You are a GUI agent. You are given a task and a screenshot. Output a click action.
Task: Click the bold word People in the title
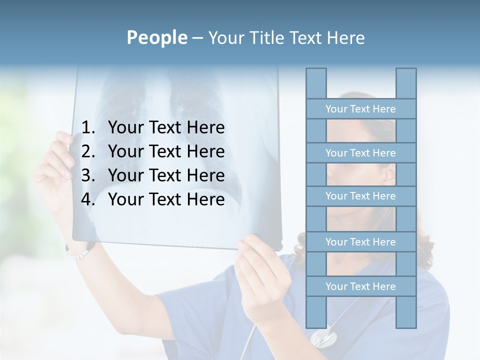tap(156, 38)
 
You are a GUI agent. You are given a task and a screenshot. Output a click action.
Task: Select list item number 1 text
tap(166, 128)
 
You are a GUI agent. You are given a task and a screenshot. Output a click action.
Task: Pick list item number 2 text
tap(166, 151)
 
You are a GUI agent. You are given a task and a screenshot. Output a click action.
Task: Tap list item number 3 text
tap(166, 175)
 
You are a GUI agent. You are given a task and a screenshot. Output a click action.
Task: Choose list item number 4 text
tap(166, 199)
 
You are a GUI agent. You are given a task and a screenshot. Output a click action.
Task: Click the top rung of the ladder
tap(360, 109)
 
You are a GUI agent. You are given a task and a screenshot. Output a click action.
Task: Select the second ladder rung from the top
tap(360, 153)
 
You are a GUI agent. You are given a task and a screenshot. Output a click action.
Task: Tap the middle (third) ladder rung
tap(360, 196)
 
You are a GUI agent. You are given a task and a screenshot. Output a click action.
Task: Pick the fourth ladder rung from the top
tap(360, 242)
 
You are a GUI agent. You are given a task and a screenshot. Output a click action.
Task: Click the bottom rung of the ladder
tap(360, 286)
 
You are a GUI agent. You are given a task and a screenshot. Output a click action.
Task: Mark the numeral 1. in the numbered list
tap(88, 128)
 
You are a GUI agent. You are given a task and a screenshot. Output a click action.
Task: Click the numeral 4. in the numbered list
tap(88, 199)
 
